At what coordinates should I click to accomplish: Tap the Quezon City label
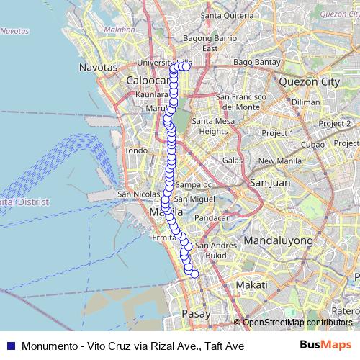pos(312,82)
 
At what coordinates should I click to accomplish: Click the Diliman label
pos(306,102)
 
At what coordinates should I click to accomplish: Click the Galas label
pos(233,160)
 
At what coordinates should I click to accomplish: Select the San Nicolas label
pos(134,194)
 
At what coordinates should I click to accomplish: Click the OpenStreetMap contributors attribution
pos(297,323)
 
